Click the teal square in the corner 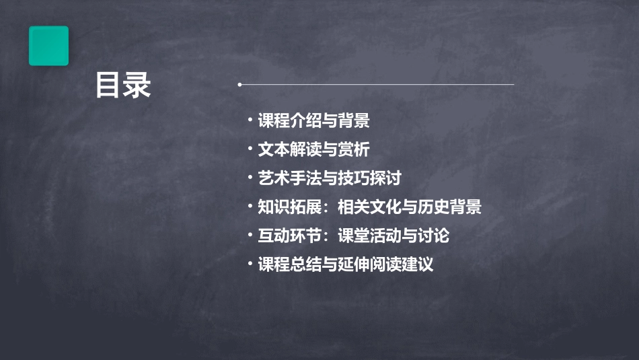[48, 46]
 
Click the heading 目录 [122, 86]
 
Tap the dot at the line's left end [239, 85]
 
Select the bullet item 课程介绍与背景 [313, 121]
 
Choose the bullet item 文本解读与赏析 [313, 149]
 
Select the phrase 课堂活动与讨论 [393, 236]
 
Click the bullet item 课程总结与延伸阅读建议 [346, 264]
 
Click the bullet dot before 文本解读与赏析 [250, 148]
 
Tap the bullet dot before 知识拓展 [250, 206]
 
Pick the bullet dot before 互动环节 [250, 235]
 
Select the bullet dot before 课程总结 [250, 263]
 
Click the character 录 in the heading [137, 86]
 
